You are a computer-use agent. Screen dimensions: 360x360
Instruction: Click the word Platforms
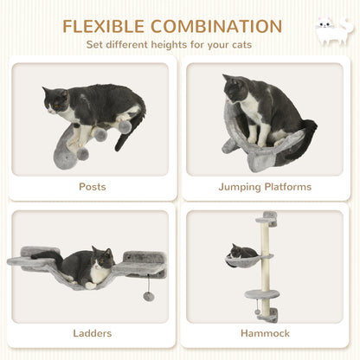click(x=289, y=186)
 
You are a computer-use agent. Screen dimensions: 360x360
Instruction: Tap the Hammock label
click(x=267, y=332)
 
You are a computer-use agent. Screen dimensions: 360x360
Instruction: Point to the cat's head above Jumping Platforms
click(x=236, y=87)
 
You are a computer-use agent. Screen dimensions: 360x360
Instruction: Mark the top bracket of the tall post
click(x=270, y=216)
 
